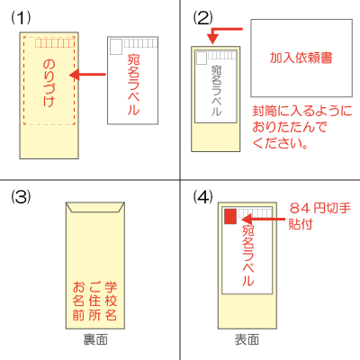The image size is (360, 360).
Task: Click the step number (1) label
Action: (21, 18)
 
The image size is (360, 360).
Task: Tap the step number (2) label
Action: (202, 18)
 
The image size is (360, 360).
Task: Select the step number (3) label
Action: (21, 197)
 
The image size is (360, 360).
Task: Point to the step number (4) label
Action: (202, 197)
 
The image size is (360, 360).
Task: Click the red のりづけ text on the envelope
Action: (49, 83)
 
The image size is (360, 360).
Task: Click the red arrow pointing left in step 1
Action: (87, 75)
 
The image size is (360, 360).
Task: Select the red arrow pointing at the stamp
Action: (263, 220)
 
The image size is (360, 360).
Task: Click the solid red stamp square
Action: (230, 217)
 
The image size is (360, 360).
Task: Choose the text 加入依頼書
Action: (301, 58)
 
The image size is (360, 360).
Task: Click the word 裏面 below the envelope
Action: (95, 340)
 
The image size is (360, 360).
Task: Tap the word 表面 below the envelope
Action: (247, 340)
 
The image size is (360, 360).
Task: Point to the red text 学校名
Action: (111, 301)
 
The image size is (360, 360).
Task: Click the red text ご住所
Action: (94, 301)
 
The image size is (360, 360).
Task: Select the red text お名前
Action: (78, 301)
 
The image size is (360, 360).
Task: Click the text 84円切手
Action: (320, 208)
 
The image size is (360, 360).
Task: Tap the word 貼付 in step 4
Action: (301, 224)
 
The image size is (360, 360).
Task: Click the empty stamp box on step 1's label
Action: (116, 47)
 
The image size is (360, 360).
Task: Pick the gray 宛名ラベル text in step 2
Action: (216, 90)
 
